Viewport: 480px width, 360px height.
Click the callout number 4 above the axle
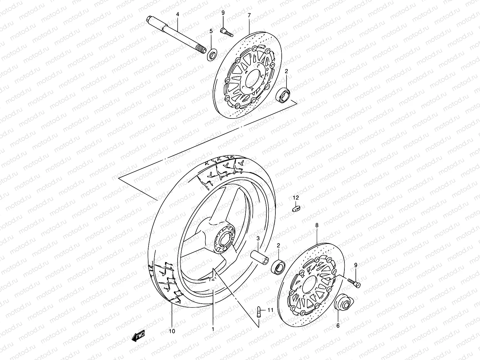click(177, 14)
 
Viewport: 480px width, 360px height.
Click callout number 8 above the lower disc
click(317, 224)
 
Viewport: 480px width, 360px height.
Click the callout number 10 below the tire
click(172, 331)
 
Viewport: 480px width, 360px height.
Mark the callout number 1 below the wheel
click(213, 329)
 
